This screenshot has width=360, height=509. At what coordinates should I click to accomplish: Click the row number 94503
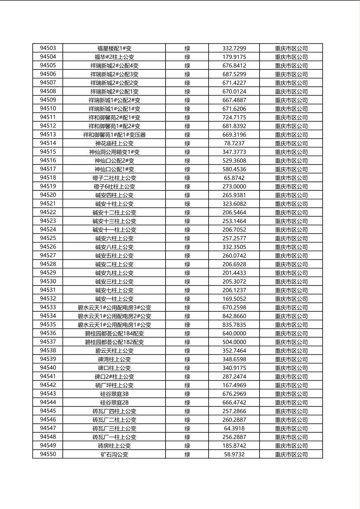pos(48,48)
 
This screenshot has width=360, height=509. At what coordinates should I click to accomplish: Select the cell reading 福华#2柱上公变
pos(114,57)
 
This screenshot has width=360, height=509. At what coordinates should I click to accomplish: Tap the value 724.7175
pos(234,117)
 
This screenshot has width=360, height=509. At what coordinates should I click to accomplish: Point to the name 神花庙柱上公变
pos(114,143)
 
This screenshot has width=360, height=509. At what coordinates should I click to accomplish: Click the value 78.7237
pos(234,143)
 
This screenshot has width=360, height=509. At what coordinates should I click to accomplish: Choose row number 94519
pos(48,186)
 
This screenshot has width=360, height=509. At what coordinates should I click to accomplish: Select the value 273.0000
pos(234,186)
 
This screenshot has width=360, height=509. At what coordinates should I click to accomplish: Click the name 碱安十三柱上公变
pos(114,221)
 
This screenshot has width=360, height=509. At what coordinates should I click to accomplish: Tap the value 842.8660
pos(234,316)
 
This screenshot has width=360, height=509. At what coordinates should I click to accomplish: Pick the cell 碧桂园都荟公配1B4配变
pos(114,334)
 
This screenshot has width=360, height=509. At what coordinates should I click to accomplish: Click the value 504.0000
pos(234,342)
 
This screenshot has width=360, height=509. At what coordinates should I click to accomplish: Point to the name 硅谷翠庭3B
pos(114,394)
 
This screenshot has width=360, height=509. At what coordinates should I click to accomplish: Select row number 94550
pos(48,454)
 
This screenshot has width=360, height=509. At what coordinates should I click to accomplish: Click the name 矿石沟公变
pos(114,454)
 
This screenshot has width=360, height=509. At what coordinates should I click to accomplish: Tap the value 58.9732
pos(234,454)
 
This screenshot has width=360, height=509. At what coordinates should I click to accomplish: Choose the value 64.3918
pos(234,428)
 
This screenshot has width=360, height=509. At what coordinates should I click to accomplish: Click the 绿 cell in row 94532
pos(187,299)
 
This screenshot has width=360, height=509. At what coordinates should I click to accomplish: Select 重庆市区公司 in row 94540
pos(291,368)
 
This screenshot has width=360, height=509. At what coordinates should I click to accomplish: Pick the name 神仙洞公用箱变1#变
pos(114,152)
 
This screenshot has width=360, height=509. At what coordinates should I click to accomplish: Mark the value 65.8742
pos(234,178)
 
